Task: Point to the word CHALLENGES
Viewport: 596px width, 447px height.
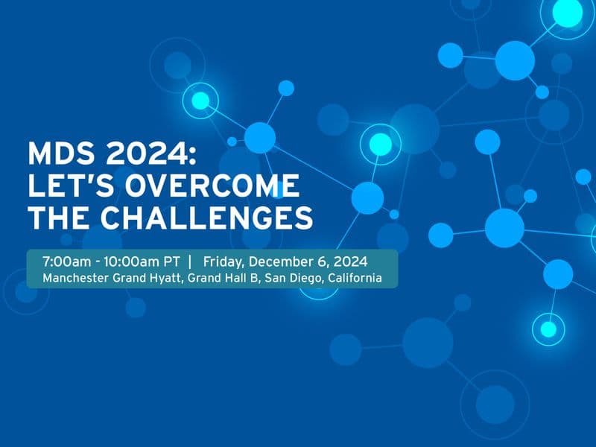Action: pyautogui.click(x=206, y=217)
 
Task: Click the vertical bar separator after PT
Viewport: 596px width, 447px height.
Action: pyautogui.click(x=191, y=262)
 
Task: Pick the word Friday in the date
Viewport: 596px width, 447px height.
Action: pyautogui.click(x=223, y=262)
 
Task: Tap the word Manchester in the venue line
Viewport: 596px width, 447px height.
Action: pyautogui.click(x=74, y=278)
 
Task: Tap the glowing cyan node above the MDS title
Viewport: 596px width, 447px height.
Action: pyautogui.click(x=200, y=100)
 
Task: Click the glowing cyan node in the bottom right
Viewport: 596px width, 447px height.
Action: pyautogui.click(x=548, y=328)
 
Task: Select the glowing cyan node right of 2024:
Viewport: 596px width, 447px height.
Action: pyautogui.click(x=380, y=144)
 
